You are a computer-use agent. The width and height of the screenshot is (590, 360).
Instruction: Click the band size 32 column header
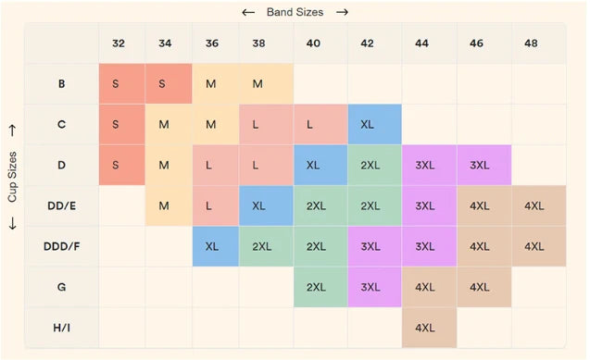(119, 43)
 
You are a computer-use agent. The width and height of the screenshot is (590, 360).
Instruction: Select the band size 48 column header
(531, 43)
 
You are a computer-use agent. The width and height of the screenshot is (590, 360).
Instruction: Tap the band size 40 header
(313, 43)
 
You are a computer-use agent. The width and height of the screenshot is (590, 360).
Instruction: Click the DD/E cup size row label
(62, 206)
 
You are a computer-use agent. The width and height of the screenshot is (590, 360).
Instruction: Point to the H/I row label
(62, 328)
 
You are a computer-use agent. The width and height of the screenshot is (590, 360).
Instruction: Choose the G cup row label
(62, 287)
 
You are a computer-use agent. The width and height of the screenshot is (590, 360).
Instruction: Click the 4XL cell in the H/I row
(429, 328)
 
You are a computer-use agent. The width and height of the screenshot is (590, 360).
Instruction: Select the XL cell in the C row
(374, 124)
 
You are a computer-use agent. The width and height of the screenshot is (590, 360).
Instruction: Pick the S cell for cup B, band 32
(122, 83)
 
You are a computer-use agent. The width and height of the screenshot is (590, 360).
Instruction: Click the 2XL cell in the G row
(320, 287)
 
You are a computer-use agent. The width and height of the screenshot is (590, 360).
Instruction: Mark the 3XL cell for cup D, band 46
(483, 165)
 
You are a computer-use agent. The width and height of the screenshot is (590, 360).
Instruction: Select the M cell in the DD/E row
(169, 206)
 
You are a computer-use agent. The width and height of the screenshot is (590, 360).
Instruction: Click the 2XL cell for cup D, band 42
(374, 165)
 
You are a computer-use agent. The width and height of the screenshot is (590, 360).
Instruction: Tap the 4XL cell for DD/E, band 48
(539, 206)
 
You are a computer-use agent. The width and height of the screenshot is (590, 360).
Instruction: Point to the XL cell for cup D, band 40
(320, 165)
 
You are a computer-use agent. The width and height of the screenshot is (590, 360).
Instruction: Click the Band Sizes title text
(295, 12)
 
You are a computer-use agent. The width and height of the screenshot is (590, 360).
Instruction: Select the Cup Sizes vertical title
(12, 177)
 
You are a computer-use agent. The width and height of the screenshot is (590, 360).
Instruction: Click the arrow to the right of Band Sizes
(342, 12)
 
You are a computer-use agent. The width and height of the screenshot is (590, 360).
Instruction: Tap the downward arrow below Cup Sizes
(12, 223)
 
